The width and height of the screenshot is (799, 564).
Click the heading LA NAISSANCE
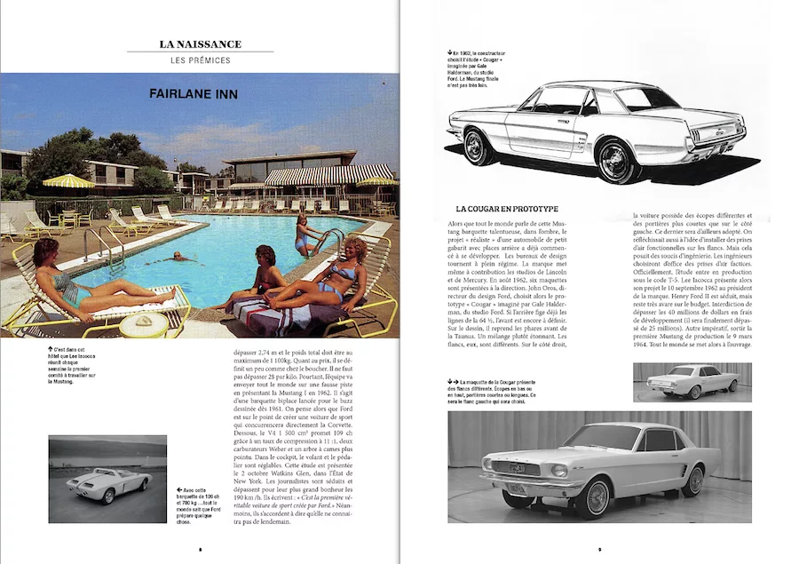[200, 44]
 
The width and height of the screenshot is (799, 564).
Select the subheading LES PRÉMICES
[200, 60]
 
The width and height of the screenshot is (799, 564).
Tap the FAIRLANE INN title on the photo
[194, 93]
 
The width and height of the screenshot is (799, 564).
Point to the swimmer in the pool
[181, 257]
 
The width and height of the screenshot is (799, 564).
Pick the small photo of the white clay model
[692, 383]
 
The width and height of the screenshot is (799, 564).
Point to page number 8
[199, 550]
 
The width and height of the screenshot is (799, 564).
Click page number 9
[599, 550]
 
